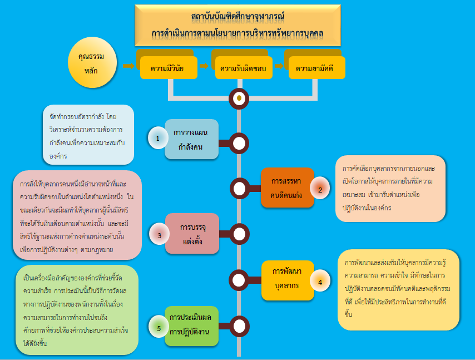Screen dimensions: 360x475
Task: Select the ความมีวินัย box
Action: (166, 69)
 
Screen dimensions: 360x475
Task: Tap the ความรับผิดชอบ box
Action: (243, 69)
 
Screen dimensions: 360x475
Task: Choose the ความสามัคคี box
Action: (316, 69)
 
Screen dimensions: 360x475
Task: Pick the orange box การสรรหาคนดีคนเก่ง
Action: (288, 188)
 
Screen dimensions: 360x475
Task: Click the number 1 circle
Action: (157, 137)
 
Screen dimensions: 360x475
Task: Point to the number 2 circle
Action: (320, 190)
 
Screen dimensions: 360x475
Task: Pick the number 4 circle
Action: (320, 282)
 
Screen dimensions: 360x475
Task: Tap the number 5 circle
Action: (159, 328)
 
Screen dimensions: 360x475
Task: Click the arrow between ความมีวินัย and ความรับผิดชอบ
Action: (204, 66)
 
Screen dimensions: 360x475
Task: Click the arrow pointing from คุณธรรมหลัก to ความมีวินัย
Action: (128, 66)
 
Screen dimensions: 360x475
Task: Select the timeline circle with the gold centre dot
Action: (239, 98)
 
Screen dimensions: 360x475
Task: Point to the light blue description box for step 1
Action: (88, 135)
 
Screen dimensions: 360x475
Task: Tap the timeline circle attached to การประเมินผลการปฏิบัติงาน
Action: (239, 326)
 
